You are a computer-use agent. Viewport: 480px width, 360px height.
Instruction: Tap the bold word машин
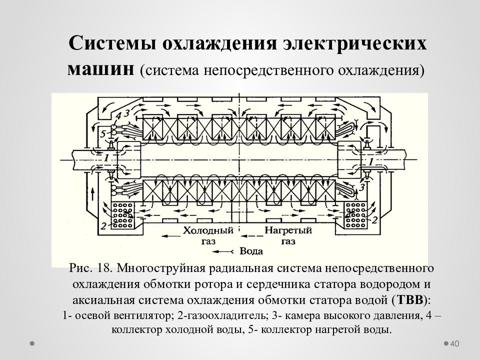100,69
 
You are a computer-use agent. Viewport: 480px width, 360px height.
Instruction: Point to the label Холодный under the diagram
208,230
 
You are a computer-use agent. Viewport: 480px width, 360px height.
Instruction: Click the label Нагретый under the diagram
288,230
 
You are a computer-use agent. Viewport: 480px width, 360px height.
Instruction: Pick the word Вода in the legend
251,251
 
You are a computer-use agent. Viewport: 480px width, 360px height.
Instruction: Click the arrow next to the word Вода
223,251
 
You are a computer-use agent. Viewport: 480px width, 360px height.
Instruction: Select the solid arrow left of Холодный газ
170,235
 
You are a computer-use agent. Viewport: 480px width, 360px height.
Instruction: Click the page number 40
454,344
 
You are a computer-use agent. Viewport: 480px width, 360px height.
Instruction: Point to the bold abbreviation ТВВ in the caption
410,300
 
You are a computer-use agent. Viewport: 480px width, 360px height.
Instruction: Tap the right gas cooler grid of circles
355,215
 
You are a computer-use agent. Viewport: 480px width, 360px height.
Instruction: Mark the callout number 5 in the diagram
103,134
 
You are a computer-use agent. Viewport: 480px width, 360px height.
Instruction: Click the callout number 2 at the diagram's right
374,220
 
